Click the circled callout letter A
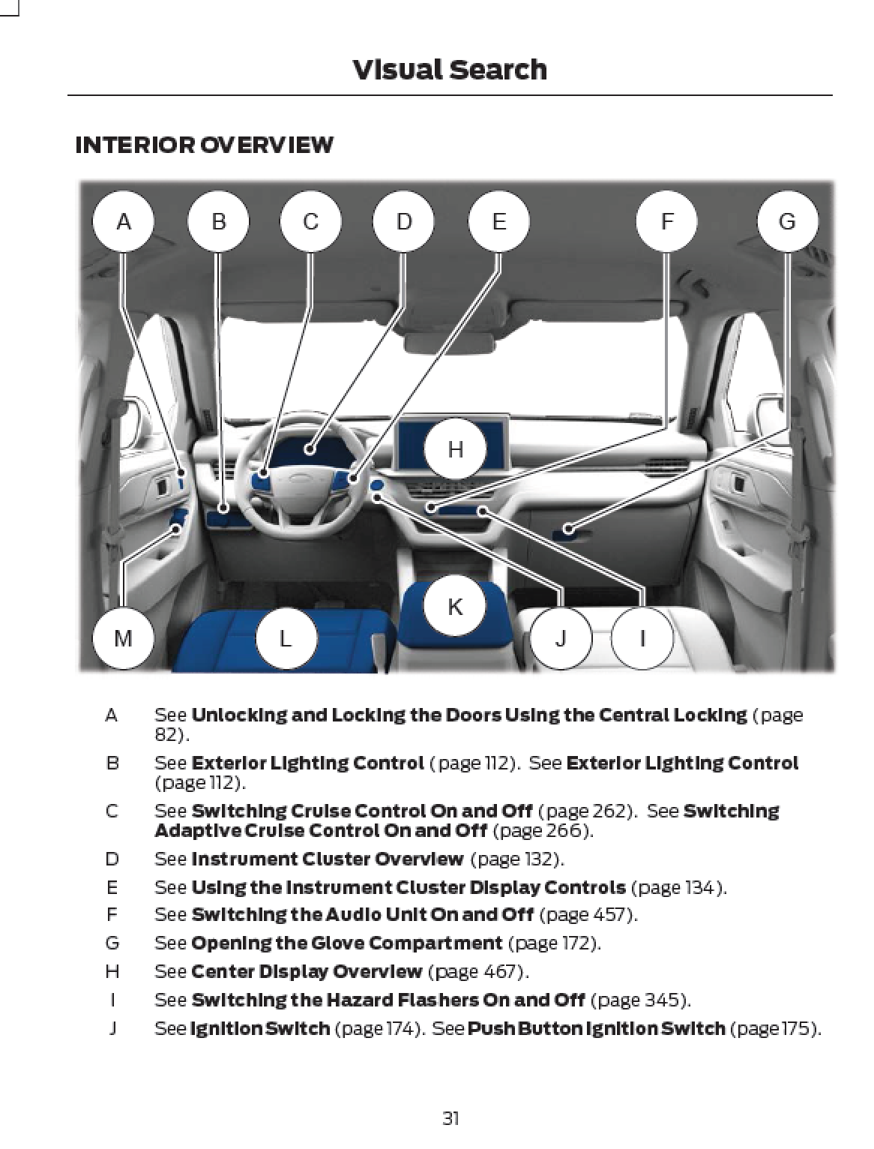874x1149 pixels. coord(124,222)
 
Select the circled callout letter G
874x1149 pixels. coord(787,222)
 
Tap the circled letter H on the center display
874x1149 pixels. coord(455,449)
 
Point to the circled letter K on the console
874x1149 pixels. coord(455,606)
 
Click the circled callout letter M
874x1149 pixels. coord(124,639)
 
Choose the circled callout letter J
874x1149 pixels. coord(561,639)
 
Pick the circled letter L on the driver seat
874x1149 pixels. coord(286,639)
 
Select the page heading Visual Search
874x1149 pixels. coord(450,70)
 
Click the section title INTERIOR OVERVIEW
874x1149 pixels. coord(204,144)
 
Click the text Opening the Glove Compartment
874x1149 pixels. coord(346,943)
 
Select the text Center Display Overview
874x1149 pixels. coord(307,971)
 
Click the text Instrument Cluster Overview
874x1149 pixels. coord(327,858)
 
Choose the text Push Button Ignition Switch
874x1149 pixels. coord(596,1028)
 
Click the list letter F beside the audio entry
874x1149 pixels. coord(111,914)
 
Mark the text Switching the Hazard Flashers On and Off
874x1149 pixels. coord(388,1000)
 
